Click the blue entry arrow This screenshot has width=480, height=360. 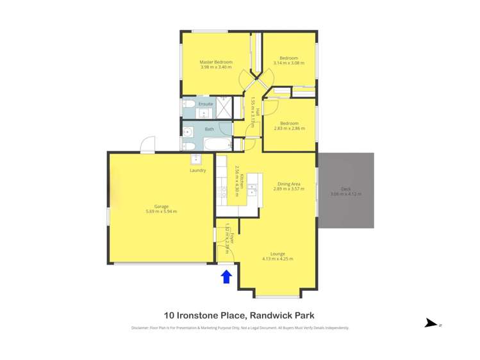[226, 276]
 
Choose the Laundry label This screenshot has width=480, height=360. [197, 170]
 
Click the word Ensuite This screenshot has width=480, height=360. [206, 104]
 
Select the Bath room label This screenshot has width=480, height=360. [210, 129]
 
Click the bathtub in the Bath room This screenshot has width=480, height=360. [217, 143]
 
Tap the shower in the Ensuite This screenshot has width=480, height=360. [225, 108]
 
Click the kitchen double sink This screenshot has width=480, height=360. [252, 189]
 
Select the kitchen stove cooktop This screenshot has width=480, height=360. [222, 191]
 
